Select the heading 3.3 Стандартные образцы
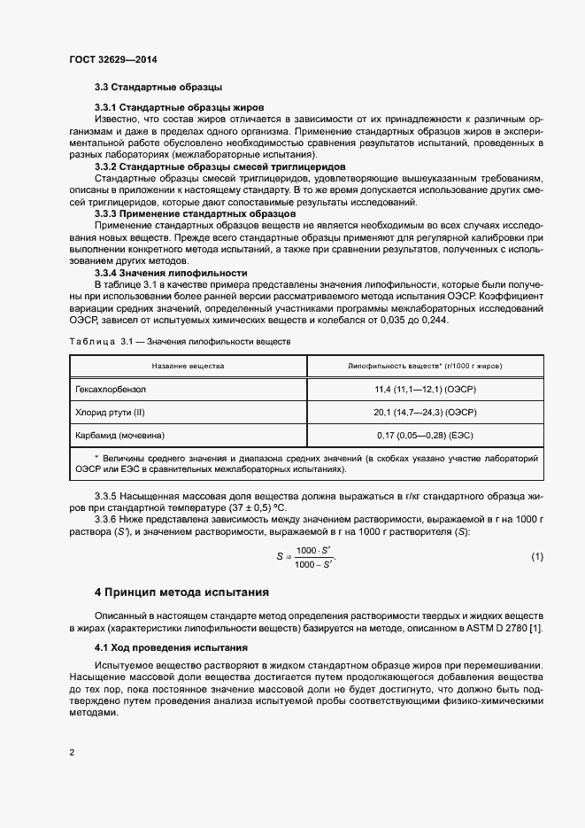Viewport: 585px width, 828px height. click(x=158, y=88)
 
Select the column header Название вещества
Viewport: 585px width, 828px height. click(x=188, y=365)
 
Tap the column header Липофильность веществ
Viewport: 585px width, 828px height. click(x=425, y=365)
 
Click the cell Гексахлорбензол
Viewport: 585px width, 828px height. click(x=111, y=389)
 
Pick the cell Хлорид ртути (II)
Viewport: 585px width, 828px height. click(x=112, y=412)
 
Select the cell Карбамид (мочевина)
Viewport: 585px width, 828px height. click(x=121, y=436)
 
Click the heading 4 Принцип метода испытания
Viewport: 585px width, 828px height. click(x=181, y=591)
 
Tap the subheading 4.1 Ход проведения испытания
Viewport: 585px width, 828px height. click(x=165, y=648)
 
